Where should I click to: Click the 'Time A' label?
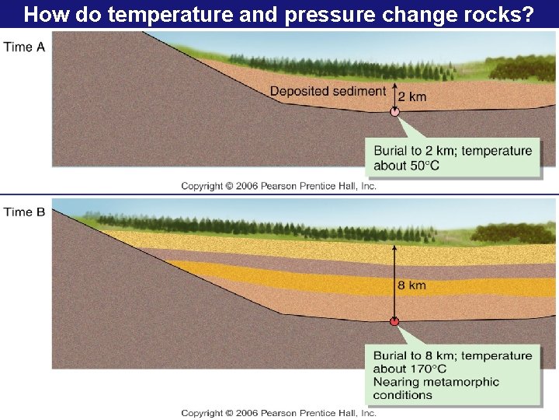pyautogui.click(x=25, y=47)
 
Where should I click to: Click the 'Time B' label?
pyautogui.click(x=25, y=212)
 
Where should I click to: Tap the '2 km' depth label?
pyautogui.click(x=412, y=96)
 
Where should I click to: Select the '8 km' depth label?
pyautogui.click(x=412, y=285)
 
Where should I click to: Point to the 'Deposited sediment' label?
pyautogui.click(x=328, y=92)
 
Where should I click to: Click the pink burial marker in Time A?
pyautogui.click(x=394, y=111)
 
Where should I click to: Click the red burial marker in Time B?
pyautogui.click(x=394, y=320)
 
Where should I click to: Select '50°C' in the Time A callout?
pyautogui.click(x=422, y=165)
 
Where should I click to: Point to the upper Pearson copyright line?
pyautogui.click(x=279, y=186)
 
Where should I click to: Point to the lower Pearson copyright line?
pyautogui.click(x=279, y=413)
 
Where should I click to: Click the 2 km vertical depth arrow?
pyautogui.click(x=394, y=95)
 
